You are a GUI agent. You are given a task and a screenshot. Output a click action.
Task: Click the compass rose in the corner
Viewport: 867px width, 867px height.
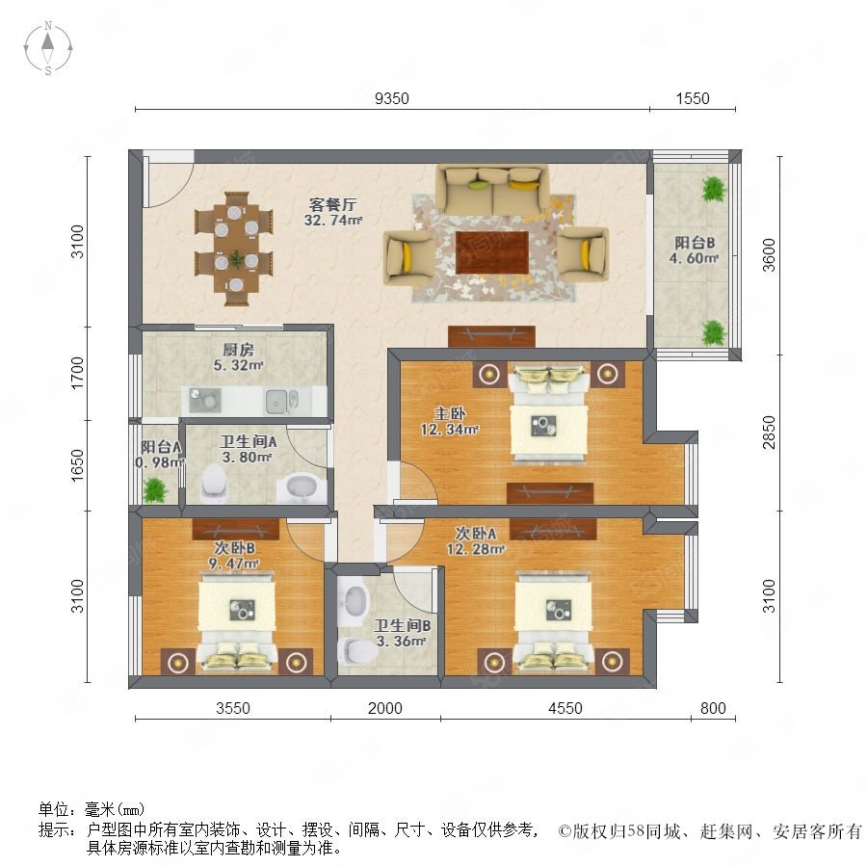(x=48, y=48)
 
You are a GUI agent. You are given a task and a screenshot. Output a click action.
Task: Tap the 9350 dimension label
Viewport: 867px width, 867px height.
(x=391, y=98)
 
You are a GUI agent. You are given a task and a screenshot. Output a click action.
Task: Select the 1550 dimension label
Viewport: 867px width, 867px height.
(x=693, y=98)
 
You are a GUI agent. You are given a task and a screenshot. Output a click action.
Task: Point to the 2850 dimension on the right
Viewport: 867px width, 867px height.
(x=769, y=433)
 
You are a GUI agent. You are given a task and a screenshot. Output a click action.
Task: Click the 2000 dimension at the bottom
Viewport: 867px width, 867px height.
(x=384, y=708)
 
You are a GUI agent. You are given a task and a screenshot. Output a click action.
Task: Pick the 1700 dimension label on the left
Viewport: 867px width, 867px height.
(x=77, y=373)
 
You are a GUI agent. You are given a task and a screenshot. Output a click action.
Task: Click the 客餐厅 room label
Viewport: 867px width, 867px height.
(x=332, y=204)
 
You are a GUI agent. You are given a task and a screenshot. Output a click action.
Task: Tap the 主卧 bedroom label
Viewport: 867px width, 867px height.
(x=450, y=413)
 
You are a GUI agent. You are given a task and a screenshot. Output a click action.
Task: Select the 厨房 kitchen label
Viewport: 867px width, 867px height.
(x=238, y=350)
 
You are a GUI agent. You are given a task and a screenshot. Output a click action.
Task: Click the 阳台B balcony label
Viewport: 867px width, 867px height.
(x=695, y=243)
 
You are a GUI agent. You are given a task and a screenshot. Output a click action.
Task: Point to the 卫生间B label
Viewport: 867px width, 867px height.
(x=402, y=625)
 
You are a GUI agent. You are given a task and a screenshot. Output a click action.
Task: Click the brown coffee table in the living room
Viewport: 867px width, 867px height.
(x=492, y=252)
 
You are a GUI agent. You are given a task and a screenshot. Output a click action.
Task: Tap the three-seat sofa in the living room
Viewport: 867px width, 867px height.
(x=492, y=189)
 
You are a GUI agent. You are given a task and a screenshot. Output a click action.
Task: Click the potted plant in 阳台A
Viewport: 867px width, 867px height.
(x=155, y=490)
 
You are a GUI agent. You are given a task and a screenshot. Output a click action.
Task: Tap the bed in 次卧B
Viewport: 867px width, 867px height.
(x=237, y=622)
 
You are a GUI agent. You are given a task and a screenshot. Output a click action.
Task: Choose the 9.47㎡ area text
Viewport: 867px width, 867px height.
(x=234, y=564)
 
